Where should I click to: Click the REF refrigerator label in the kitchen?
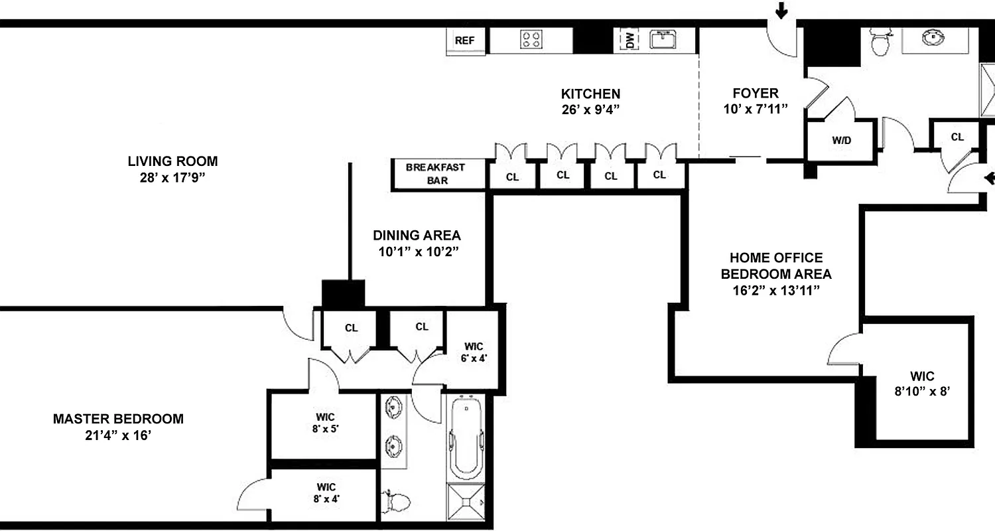coord(464,40)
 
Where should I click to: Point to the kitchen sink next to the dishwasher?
coord(663,40)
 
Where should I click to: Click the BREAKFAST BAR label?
coord(436,174)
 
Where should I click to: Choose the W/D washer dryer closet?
coord(842,141)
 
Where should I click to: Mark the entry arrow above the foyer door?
coord(781,10)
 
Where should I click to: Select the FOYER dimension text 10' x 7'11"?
coord(755,110)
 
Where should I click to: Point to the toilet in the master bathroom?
coord(397,501)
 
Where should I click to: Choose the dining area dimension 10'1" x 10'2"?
coord(416,252)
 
